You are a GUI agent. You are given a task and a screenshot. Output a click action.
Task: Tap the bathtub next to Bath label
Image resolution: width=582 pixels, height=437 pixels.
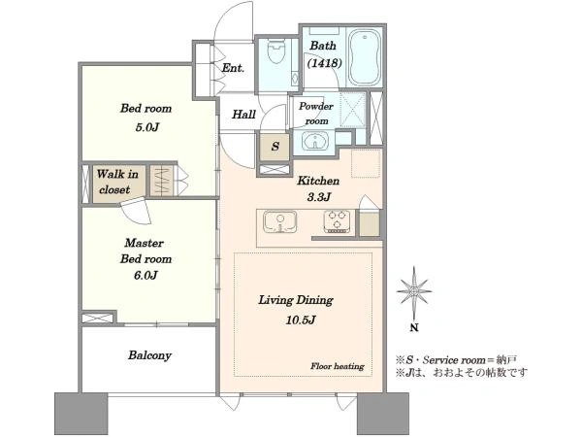[365, 58]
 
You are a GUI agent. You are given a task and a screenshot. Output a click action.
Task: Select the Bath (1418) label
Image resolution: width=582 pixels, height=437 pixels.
[324, 54]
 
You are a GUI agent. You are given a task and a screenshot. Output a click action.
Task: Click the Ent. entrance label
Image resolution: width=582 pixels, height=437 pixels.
[233, 68]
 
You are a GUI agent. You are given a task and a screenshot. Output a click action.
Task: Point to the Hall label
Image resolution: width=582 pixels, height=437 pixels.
[243, 114]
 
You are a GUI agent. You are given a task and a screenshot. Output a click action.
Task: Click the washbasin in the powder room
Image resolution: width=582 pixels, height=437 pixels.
[315, 141]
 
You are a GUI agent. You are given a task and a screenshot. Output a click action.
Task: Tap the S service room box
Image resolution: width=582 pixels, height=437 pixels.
[275, 146]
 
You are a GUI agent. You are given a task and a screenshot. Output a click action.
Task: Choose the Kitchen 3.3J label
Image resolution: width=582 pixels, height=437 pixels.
[318, 188]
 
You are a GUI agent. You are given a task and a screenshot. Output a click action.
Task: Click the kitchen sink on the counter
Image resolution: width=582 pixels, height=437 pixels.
[280, 221]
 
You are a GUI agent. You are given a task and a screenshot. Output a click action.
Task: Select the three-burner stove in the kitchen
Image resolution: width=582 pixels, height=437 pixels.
[337, 221]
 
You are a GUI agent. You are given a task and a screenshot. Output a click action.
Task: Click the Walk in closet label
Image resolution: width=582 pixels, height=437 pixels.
[117, 182]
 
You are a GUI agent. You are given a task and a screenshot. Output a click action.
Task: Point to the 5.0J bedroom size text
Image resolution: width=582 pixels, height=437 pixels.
[146, 127]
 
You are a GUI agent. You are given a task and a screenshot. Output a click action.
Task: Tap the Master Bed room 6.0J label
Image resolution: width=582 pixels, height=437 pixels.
[145, 259]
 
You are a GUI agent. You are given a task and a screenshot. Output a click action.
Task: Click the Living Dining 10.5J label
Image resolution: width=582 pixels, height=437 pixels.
[296, 310]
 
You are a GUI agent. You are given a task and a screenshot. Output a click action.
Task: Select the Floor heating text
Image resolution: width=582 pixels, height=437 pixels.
[338, 366]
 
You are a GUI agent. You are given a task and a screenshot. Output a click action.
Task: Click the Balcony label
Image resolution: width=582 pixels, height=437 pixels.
[149, 355]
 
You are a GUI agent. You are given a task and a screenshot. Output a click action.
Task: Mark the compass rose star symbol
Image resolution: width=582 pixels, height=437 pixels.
[414, 291]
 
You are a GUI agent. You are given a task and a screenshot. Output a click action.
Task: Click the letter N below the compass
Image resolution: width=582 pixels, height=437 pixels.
[414, 328]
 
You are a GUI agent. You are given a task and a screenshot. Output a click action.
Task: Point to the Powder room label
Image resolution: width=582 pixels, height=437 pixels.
[316, 114]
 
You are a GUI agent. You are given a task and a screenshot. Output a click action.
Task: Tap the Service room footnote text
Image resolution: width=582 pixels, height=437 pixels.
[456, 359]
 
